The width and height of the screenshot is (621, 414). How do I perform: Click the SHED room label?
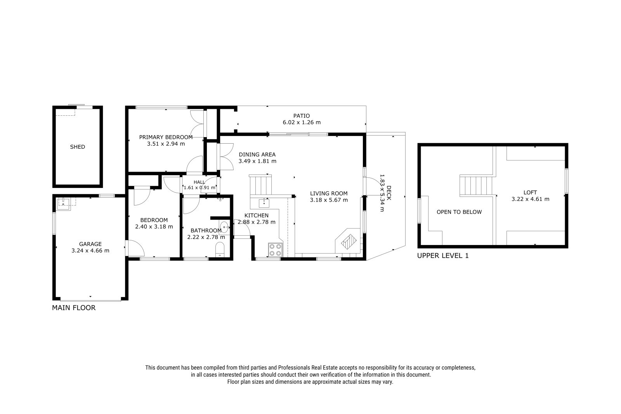(77, 147)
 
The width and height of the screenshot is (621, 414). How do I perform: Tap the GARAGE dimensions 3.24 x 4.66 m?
(90, 250)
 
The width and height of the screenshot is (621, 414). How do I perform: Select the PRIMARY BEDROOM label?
(166, 137)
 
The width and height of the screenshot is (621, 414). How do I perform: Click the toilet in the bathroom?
(220, 249)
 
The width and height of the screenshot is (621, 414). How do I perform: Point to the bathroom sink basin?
(224, 228)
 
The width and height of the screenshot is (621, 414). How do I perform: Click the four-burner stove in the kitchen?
(275, 249)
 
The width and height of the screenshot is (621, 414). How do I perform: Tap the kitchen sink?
(264, 203)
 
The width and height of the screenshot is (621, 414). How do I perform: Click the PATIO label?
(302, 116)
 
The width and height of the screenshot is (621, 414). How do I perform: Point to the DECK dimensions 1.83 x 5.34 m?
(382, 193)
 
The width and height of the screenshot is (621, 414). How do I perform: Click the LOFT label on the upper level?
(530, 192)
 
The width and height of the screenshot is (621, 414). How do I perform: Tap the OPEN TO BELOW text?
(459, 212)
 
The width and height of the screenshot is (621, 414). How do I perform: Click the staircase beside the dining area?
(260, 184)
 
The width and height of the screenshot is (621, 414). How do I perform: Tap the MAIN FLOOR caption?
(74, 308)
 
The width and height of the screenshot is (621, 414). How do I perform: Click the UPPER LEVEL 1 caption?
(443, 256)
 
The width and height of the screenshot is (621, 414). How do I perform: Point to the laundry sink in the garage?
(64, 204)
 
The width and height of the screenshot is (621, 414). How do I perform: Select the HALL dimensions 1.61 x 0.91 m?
(199, 188)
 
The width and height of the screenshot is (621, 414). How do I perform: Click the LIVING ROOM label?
(329, 193)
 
